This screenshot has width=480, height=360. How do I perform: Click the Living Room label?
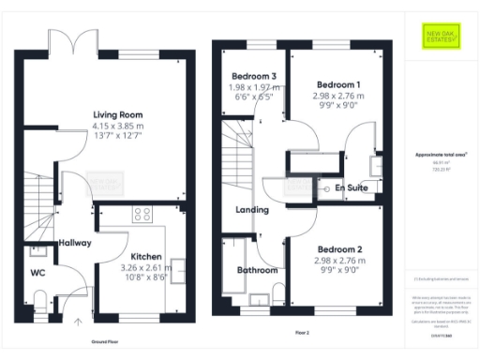(x=111, y=116)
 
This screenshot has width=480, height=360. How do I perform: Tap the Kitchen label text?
(x=147, y=256)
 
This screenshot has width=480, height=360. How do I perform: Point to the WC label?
(x=37, y=274)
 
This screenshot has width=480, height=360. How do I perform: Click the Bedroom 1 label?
(x=337, y=84)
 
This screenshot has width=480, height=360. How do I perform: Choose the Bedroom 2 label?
(x=337, y=248)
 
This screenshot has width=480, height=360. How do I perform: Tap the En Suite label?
(x=351, y=188)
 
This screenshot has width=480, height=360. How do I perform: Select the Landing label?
(x=252, y=210)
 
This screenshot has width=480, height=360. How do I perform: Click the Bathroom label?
(x=256, y=270)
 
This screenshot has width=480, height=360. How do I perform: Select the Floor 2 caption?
(x=301, y=331)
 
